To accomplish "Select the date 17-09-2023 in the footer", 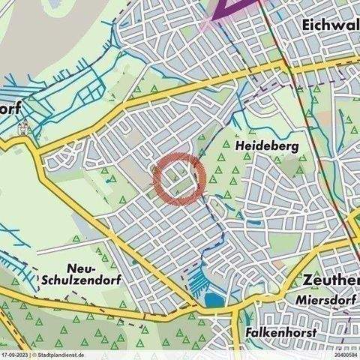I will (14, 355).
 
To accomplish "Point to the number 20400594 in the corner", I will (345, 355).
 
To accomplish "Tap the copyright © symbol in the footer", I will (33, 355).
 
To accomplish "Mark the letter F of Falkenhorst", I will (249, 331).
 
